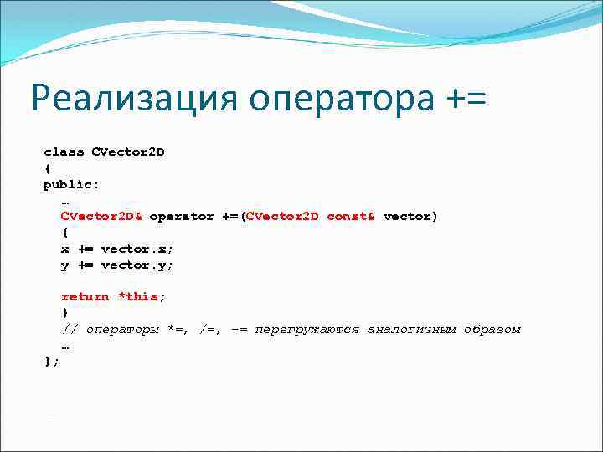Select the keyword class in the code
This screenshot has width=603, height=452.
pyautogui.click(x=64, y=152)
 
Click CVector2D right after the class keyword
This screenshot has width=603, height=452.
pyautogui.click(x=127, y=152)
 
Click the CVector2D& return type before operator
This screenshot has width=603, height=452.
pyautogui.click(x=101, y=217)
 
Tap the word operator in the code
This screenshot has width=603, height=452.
pyautogui.click(x=182, y=217)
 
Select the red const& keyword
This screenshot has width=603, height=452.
pyautogui.click(x=351, y=217)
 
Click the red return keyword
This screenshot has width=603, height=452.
pyautogui.click(x=85, y=297)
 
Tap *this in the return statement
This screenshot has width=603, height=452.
pyautogui.click(x=138, y=297)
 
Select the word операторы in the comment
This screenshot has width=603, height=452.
pyautogui.click(x=122, y=330)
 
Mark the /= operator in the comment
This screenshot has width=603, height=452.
pyautogui.click(x=207, y=330)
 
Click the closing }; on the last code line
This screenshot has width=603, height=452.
pyautogui.click(x=52, y=361)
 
